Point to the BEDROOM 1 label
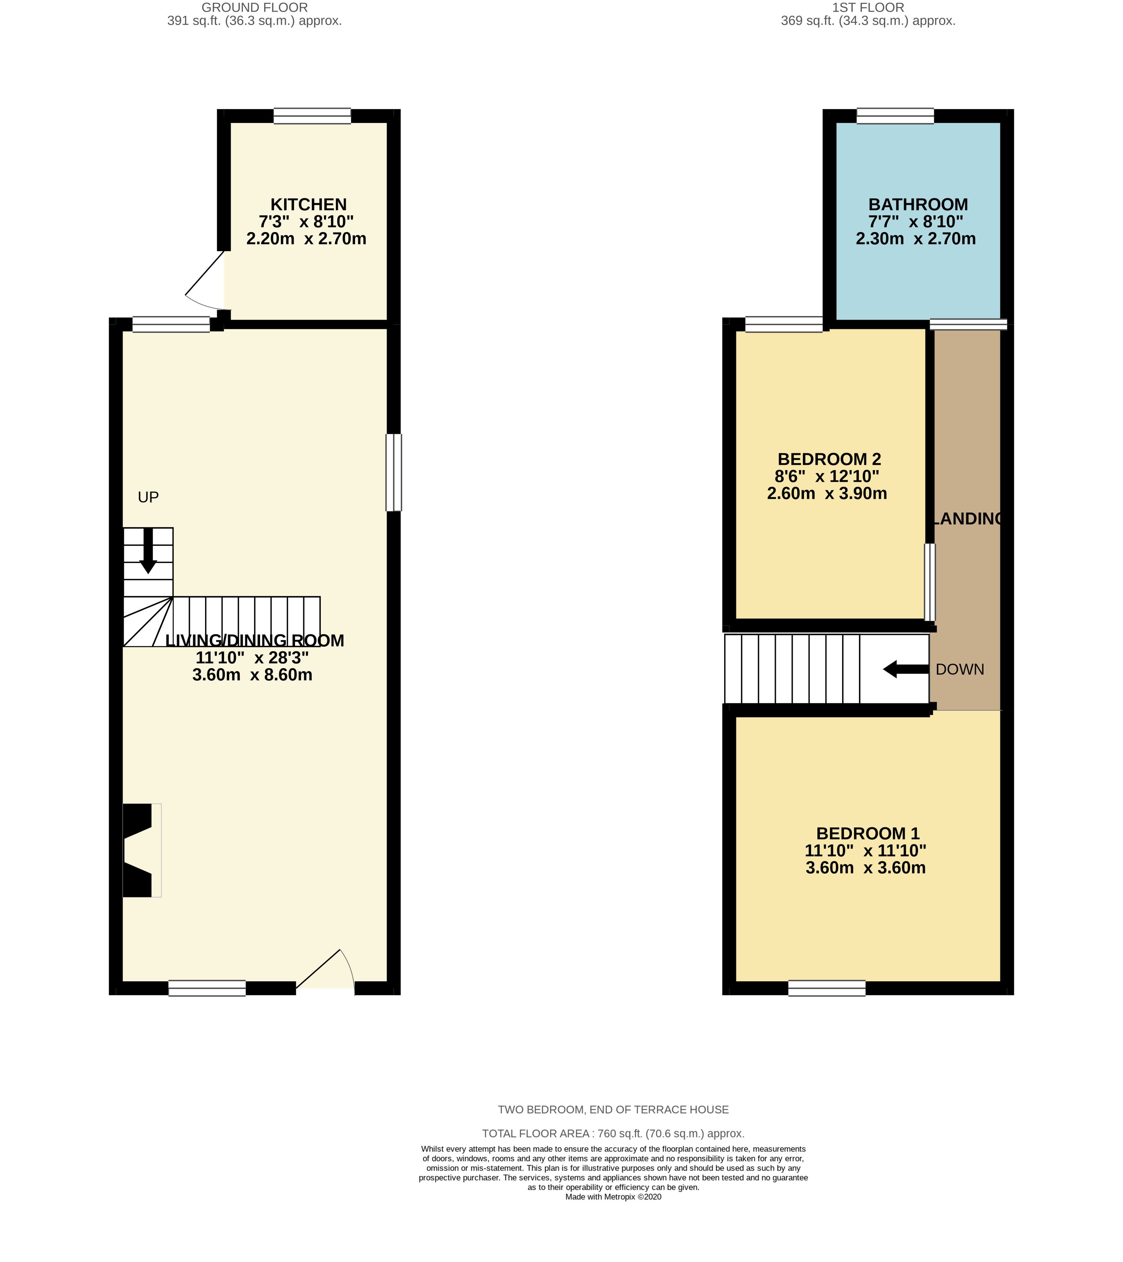click(868, 833)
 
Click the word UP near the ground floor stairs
click(148, 497)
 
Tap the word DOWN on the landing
click(960, 669)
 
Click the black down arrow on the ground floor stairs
click(148, 550)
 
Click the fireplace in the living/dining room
click(142, 850)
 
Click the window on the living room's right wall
click(394, 472)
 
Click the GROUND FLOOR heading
click(254, 7)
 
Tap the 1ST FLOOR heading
click(868, 7)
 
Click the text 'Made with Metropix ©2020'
click(613, 1196)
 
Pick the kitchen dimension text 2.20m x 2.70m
click(306, 238)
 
